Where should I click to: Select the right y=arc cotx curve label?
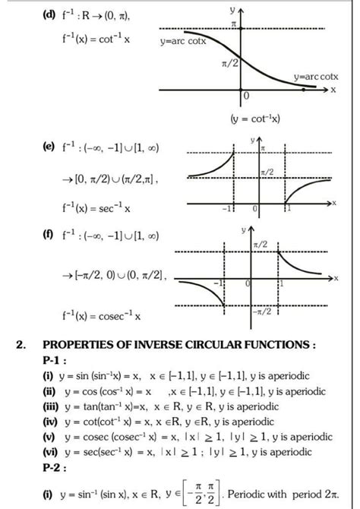317,77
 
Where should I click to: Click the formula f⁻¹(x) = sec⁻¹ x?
94,205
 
